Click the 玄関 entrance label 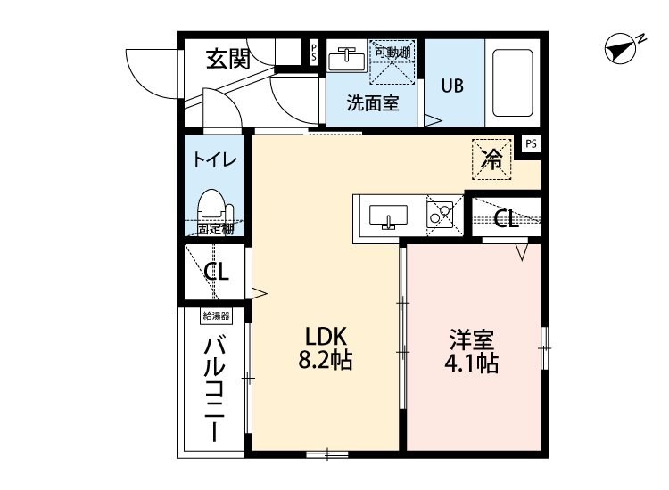[x=228, y=59]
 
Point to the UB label [x=451, y=86]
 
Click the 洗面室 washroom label [x=373, y=103]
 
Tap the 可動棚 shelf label [x=392, y=53]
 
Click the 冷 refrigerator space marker [x=491, y=159]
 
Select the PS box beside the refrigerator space [x=531, y=143]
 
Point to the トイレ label [x=215, y=160]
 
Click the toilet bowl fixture [x=212, y=206]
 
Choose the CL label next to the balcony [x=216, y=273]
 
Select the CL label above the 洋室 [x=506, y=219]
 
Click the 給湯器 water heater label [x=216, y=315]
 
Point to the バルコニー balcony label [x=214, y=388]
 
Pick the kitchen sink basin [x=388, y=216]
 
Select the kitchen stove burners [x=441, y=215]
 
